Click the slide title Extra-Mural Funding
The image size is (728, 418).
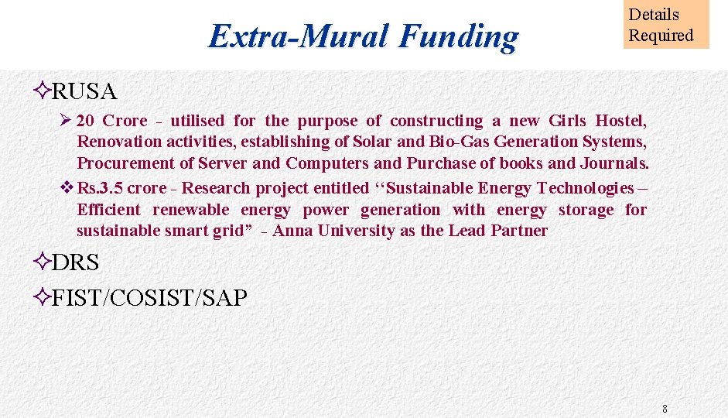pos(364,36)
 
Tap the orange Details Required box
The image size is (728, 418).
pos(665,25)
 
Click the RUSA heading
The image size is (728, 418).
pos(84,91)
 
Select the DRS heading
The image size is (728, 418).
pos(75,262)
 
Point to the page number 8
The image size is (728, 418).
pos(665,408)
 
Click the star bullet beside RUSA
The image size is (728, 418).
pos(43,91)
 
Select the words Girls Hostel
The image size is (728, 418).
pos(596,121)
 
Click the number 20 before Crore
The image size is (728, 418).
pos(86,121)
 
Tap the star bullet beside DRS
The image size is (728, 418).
pos(43,262)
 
